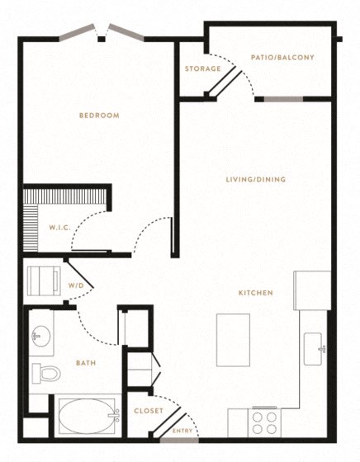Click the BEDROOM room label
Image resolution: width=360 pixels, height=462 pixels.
coord(99,115)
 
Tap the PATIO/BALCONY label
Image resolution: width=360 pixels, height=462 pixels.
coord(282,57)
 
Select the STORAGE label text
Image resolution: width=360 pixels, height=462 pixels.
coord(203,68)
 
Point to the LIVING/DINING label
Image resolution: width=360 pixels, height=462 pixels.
coord(256,179)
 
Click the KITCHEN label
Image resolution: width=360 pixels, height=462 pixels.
coord(256,293)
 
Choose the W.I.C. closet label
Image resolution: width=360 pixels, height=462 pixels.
coord(59,228)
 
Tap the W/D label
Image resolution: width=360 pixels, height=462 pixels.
coord(76,285)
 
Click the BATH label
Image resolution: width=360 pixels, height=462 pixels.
coord(86,363)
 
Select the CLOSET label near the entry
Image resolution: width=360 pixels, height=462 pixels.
coord(149,411)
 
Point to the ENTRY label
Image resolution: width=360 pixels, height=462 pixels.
coord(182,431)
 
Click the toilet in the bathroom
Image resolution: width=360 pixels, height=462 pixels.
coord(46,374)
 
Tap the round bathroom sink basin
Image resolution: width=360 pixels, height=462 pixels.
coord(40,336)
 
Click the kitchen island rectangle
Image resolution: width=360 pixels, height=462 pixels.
coord(233,340)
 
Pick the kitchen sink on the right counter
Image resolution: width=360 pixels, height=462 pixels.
coord(313,349)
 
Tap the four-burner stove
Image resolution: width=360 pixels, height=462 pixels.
coord(264,422)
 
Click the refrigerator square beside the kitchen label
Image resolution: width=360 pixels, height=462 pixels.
coord(312,290)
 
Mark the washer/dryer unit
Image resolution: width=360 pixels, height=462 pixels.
coord(44,281)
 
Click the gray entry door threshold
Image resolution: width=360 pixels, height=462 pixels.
coord(179,441)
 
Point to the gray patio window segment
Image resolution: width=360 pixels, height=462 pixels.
coord(283,99)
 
